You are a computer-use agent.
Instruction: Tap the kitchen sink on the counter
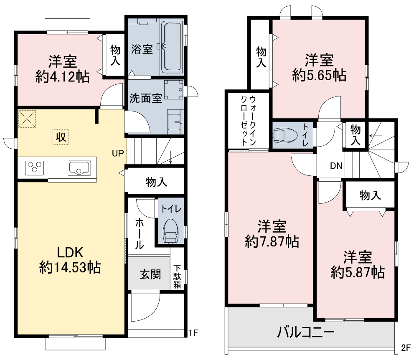click(79, 168)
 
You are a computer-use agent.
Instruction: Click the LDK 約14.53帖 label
click(70, 260)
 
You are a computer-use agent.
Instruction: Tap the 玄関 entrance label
click(150, 274)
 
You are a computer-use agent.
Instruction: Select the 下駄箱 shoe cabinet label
click(177, 276)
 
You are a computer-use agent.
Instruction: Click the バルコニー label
click(306, 332)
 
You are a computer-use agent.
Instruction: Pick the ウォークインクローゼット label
click(249, 121)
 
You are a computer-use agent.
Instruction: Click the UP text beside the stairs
click(118, 153)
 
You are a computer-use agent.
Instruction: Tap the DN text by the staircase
click(336, 166)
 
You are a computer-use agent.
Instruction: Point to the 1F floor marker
click(193, 333)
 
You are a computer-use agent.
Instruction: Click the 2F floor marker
click(406, 348)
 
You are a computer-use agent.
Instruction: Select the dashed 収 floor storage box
click(61, 137)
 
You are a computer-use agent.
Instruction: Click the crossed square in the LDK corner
click(27, 119)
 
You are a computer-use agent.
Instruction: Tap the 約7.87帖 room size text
click(272, 241)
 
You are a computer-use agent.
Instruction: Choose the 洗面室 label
click(146, 98)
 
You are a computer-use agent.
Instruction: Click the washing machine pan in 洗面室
click(174, 90)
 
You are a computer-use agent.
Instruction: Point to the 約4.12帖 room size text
click(62, 77)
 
